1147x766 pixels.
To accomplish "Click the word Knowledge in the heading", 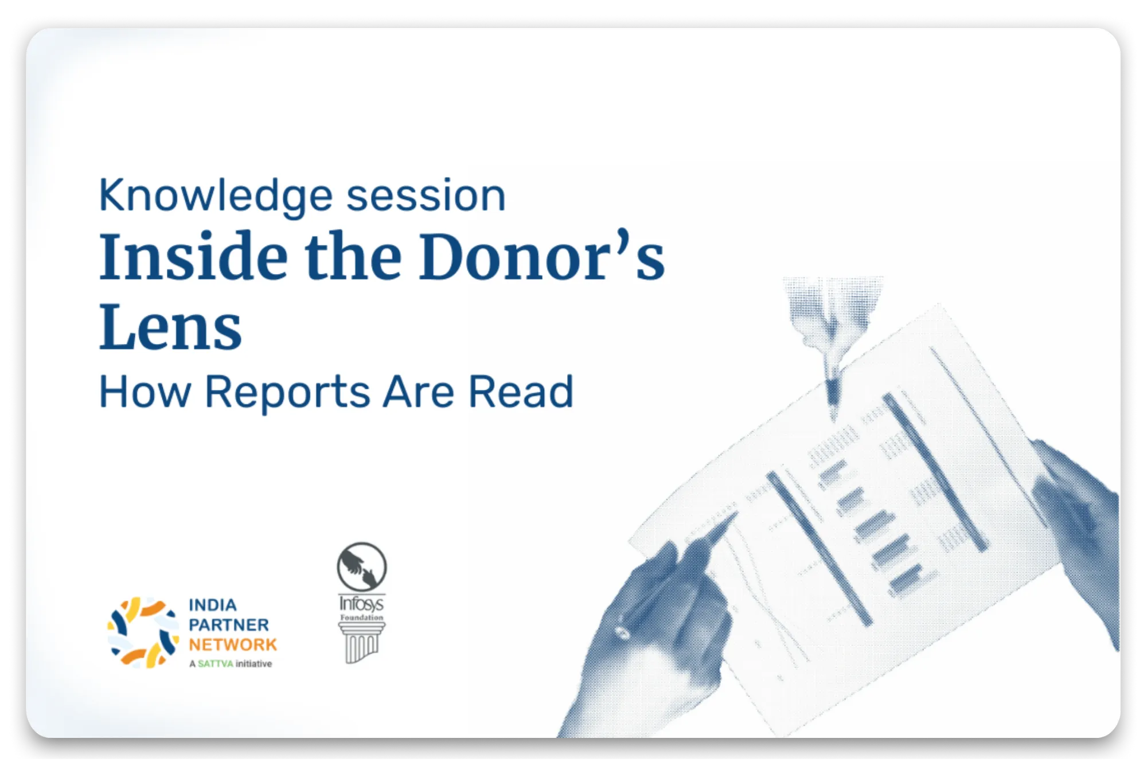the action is pyautogui.click(x=216, y=196).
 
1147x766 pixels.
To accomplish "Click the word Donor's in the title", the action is pyautogui.click(x=542, y=256).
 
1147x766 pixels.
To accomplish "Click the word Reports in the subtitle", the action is pyautogui.click(x=287, y=392).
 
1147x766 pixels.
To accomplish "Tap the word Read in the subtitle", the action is pyautogui.click(x=521, y=392).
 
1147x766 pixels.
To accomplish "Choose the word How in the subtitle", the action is pyautogui.click(x=145, y=392).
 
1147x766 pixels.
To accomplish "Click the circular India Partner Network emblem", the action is pyautogui.click(x=143, y=632).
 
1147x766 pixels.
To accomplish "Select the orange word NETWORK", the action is pyautogui.click(x=233, y=644).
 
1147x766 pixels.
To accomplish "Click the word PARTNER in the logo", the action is pyautogui.click(x=229, y=624).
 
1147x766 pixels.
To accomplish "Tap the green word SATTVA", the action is pyautogui.click(x=216, y=664).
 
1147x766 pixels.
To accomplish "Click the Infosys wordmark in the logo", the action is pyautogui.click(x=361, y=603).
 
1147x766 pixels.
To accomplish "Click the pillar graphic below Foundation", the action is pyautogui.click(x=361, y=643).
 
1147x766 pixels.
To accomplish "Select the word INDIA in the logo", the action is pyautogui.click(x=213, y=605).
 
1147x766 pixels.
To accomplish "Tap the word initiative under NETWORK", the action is pyautogui.click(x=253, y=664).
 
